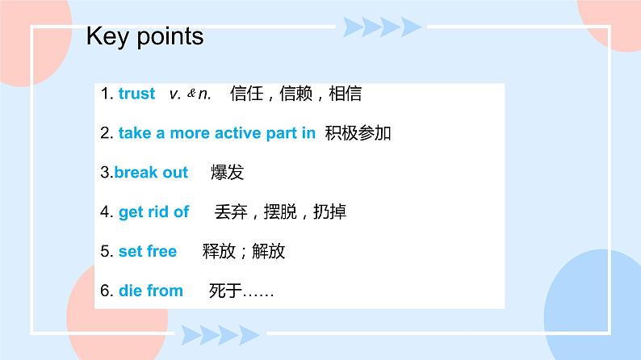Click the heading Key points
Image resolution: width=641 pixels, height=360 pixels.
[x=145, y=37]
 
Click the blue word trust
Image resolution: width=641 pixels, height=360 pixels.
[x=136, y=94]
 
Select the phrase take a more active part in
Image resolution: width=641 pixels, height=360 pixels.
[x=216, y=133]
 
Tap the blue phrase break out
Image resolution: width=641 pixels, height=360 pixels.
[x=151, y=173]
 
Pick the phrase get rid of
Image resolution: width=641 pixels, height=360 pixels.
[x=153, y=212]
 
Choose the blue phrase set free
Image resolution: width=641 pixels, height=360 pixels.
[x=147, y=251]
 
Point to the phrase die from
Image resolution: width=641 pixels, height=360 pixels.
[x=151, y=291]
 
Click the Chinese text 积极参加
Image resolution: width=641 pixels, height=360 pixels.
[x=358, y=133]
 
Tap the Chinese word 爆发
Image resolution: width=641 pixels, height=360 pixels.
[x=227, y=173]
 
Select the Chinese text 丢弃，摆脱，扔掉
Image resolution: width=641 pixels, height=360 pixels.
[x=280, y=212]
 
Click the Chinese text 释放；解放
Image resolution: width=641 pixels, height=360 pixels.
[x=244, y=251]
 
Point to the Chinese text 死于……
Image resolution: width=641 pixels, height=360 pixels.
[x=241, y=291]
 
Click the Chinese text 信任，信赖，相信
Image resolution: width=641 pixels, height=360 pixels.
[x=295, y=94]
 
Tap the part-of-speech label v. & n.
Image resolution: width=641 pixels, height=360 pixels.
[x=191, y=94]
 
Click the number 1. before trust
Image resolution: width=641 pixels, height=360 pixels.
[x=107, y=94]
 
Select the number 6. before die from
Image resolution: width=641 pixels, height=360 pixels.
[x=107, y=291]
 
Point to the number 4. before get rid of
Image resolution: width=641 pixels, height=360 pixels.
[x=107, y=212]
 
